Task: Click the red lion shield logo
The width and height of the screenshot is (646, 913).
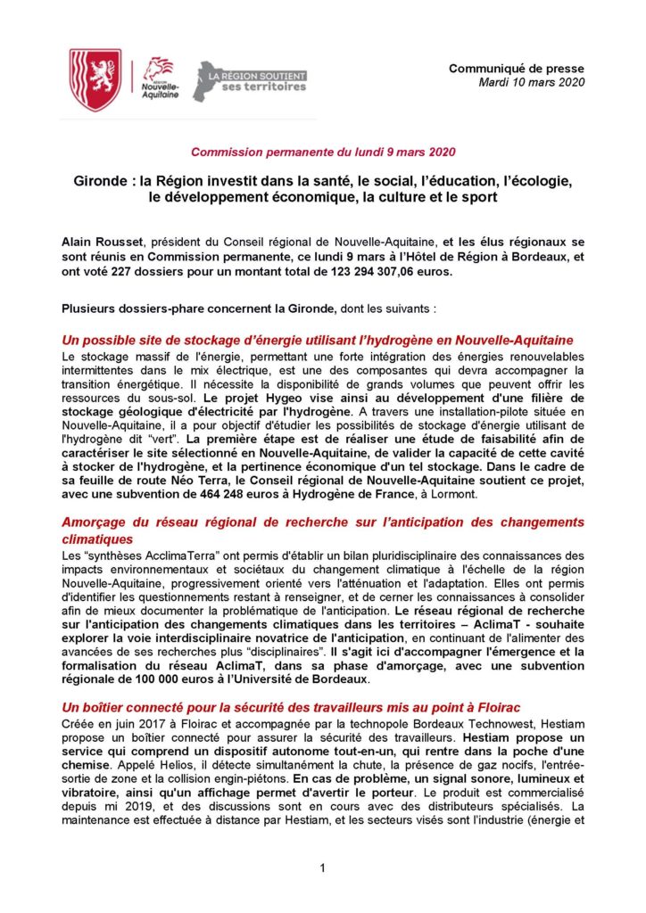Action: [95, 80]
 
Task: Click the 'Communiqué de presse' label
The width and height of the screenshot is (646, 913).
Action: [516, 68]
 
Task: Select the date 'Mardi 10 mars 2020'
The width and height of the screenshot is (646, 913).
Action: [531, 82]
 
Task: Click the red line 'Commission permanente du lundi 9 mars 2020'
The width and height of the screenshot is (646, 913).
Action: [322, 152]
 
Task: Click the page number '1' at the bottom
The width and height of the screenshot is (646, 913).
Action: [322, 868]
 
